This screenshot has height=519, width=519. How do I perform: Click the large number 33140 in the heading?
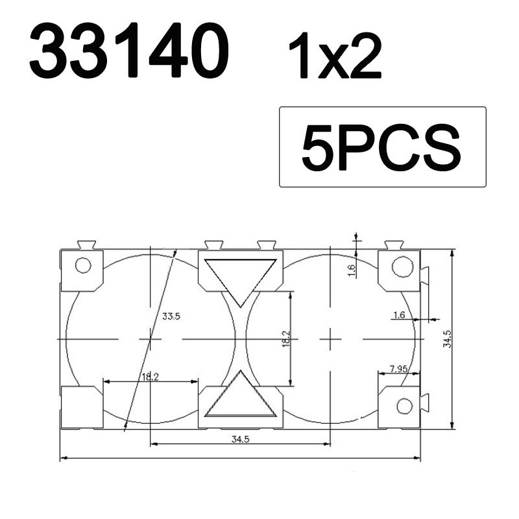pyautogui.click(x=129, y=51)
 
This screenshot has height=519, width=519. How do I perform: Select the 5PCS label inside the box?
pyautogui.click(x=381, y=147)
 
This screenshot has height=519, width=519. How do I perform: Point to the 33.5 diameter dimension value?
pyautogui.click(x=171, y=317)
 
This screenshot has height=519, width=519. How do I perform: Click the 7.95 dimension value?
pyautogui.click(x=399, y=369)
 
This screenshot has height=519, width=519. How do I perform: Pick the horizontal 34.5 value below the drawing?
pyautogui.click(x=241, y=439)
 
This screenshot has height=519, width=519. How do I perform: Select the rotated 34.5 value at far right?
pyautogui.click(x=447, y=339)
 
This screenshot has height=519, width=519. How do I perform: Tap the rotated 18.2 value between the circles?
pyautogui.click(x=286, y=339)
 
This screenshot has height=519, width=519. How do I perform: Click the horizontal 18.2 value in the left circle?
pyautogui.click(x=150, y=376)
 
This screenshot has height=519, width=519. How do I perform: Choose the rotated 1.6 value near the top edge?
pyautogui.click(x=351, y=270)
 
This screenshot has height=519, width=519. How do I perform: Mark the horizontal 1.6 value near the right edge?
pyautogui.click(x=399, y=315)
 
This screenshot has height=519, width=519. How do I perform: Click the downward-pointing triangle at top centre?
pyautogui.click(x=241, y=278)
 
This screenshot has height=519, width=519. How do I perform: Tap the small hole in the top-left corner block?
pyautogui.click(x=82, y=265)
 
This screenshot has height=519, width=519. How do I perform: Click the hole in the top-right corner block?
pyautogui.click(x=402, y=266)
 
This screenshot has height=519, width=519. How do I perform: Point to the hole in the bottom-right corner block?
pyautogui.click(x=404, y=406)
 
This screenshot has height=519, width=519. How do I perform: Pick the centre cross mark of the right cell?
pyautogui.click(x=330, y=339)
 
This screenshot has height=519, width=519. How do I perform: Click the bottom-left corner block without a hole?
pyautogui.click(x=81, y=407)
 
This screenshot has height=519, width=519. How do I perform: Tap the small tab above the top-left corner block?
pyautogui.click(x=86, y=245)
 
